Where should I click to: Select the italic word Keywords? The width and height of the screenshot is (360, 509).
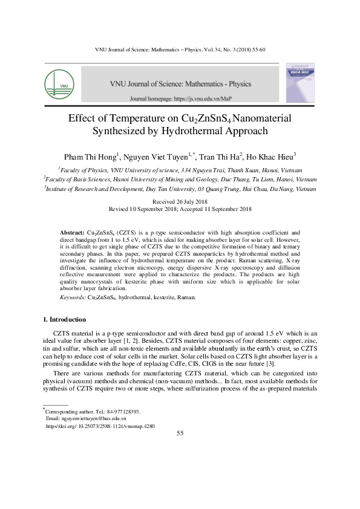(x=72, y=298)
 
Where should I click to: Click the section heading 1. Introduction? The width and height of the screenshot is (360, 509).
(x=64, y=319)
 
